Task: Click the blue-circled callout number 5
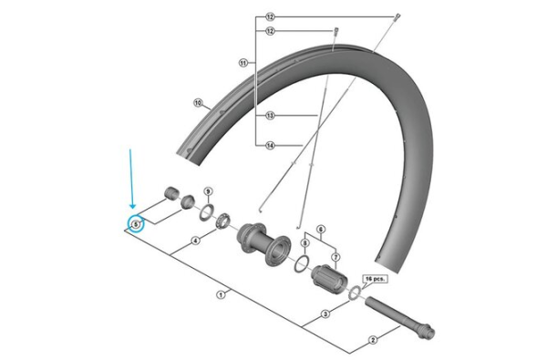pos(136,223)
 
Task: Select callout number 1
pos(220,294)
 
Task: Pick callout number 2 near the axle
pos(372,340)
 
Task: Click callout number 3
pos(325,314)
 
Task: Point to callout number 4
pos(194,242)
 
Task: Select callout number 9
pos(208,191)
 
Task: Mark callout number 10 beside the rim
pos(197,103)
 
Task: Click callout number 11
pos(243,63)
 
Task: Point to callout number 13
pos(271,116)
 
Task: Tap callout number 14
pos(271,145)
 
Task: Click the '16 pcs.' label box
pos(375,275)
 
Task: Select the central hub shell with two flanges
pos(263,243)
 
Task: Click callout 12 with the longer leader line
pos(270,17)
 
